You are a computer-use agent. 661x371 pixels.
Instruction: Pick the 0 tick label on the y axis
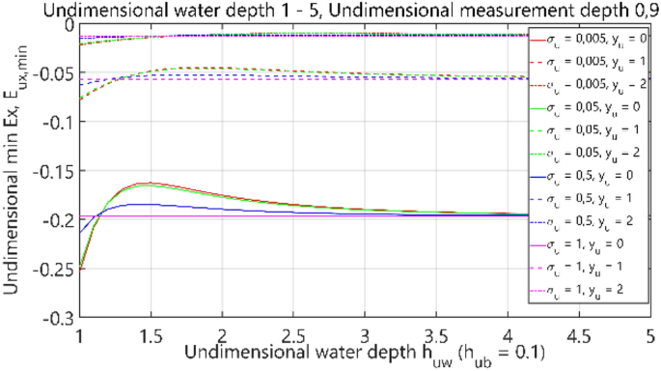tap(68, 24)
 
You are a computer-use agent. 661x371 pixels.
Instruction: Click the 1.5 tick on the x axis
tap(149, 335)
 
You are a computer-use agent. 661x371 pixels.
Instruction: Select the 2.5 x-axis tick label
tap(292, 335)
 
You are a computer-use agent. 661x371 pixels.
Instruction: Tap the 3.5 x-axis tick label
tap(435, 335)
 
